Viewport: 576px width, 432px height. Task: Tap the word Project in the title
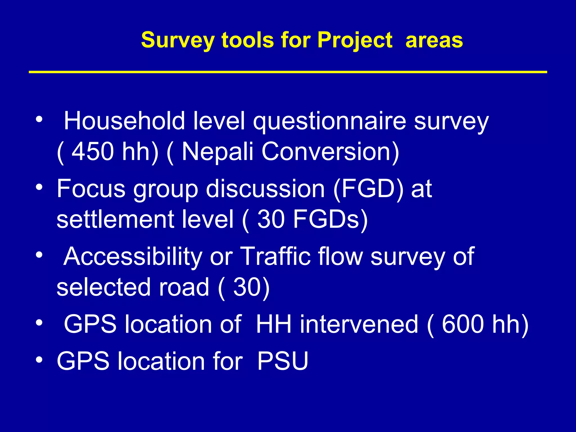point(355,40)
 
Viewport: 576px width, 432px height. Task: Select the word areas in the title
point(434,40)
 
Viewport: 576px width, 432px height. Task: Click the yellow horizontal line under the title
point(288,72)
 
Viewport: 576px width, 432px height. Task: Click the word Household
point(124,121)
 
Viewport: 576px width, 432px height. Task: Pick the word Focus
point(91,189)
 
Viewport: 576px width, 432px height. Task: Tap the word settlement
point(115,219)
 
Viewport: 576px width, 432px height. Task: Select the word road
point(184,287)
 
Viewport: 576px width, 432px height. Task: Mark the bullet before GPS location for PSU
point(39,360)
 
